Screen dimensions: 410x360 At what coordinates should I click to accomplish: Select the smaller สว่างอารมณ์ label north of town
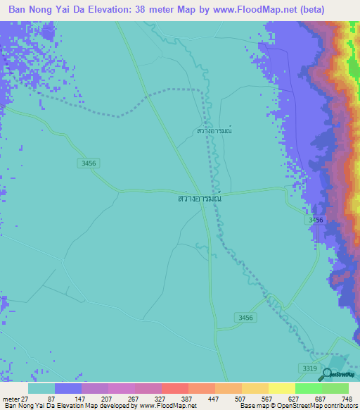click(x=214, y=131)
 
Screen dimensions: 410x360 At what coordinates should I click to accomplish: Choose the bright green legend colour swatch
click(x=308, y=389)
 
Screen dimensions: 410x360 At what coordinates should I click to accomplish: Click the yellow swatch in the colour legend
click(x=281, y=389)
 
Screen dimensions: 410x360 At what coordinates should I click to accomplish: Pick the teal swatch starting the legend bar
click(x=41, y=389)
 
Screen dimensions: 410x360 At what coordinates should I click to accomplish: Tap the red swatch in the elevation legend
click(x=174, y=389)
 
